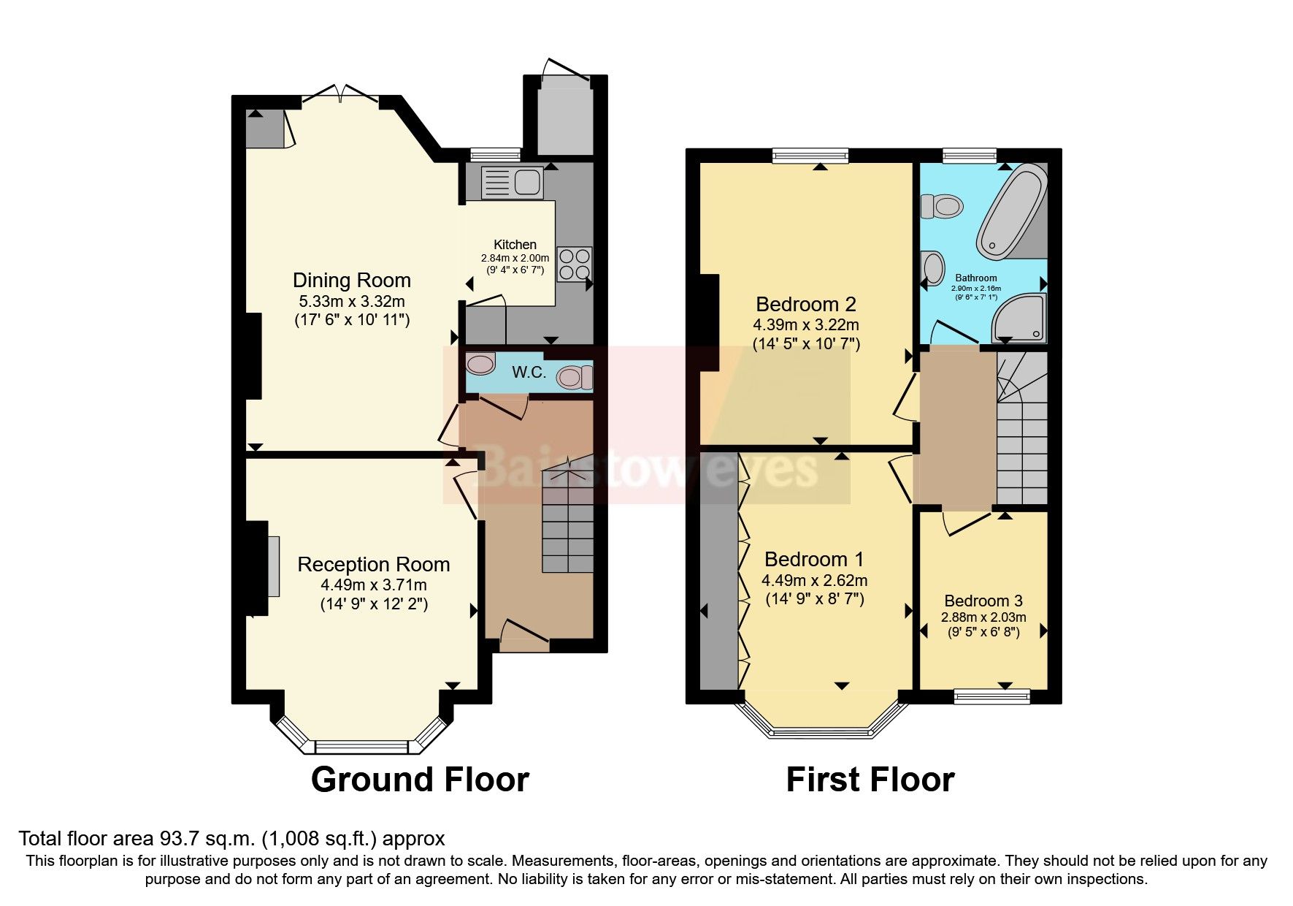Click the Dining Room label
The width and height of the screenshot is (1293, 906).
pyautogui.click(x=351, y=281)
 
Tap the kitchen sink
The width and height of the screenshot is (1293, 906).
pyautogui.click(x=512, y=182)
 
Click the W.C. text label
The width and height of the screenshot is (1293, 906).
pyautogui.click(x=529, y=373)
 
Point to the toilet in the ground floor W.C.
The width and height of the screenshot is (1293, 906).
pyautogui.click(x=575, y=378)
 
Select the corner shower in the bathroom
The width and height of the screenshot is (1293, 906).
pyautogui.click(x=1021, y=319)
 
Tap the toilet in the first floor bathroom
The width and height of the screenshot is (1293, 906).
pyautogui.click(x=940, y=206)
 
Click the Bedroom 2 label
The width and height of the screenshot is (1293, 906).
pyautogui.click(x=805, y=304)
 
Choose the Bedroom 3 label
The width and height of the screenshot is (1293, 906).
pyautogui.click(x=983, y=601)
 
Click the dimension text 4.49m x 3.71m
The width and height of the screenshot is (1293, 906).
pyautogui.click(x=373, y=585)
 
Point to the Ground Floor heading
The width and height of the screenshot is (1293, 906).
pyautogui.click(x=420, y=780)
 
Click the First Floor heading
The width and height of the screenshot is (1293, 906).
pyautogui.click(x=870, y=780)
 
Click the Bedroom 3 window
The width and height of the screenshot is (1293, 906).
pyautogui.click(x=991, y=696)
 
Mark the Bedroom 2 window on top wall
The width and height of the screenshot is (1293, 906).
pyautogui.click(x=810, y=155)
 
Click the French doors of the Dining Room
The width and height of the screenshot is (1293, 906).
pyautogui.click(x=339, y=96)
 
